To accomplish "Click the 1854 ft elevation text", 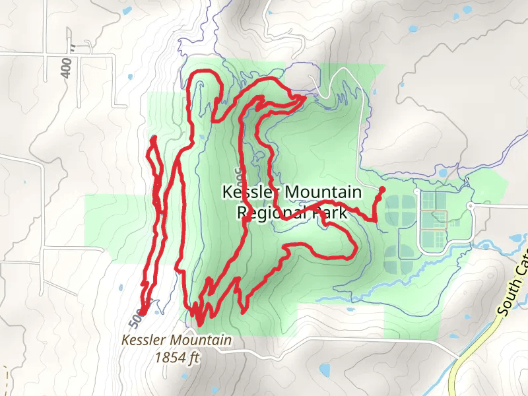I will coord(177,357).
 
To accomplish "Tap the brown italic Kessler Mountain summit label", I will coord(176,341).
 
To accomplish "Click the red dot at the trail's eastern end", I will coord(382,189).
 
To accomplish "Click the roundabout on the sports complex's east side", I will coord(470,206).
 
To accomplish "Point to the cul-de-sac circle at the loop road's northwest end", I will coord(417,191).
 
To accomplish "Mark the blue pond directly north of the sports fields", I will coord(441,173).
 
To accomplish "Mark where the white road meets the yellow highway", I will coord(459,357).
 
